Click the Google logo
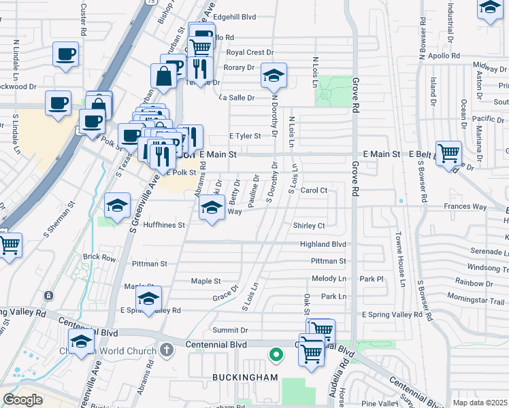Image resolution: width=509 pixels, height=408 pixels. [22, 399]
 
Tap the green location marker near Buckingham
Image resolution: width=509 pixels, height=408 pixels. [276, 354]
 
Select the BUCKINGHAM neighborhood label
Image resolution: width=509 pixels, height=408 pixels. [235, 377]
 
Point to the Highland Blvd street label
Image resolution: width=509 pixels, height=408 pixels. [323, 244]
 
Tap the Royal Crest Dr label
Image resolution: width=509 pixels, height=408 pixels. [250, 52]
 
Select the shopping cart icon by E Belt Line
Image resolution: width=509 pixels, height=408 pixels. [448, 153]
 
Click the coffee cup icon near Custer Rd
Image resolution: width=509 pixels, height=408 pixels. [65, 54]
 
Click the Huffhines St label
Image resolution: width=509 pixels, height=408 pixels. [163, 225]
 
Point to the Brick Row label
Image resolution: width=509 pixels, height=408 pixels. [99, 258]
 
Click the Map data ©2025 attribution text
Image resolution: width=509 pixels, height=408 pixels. [480, 403]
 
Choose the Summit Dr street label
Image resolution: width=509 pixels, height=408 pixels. [230, 330]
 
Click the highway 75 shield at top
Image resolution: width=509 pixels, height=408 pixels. [148, 3]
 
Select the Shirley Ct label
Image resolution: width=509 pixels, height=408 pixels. [310, 226]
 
